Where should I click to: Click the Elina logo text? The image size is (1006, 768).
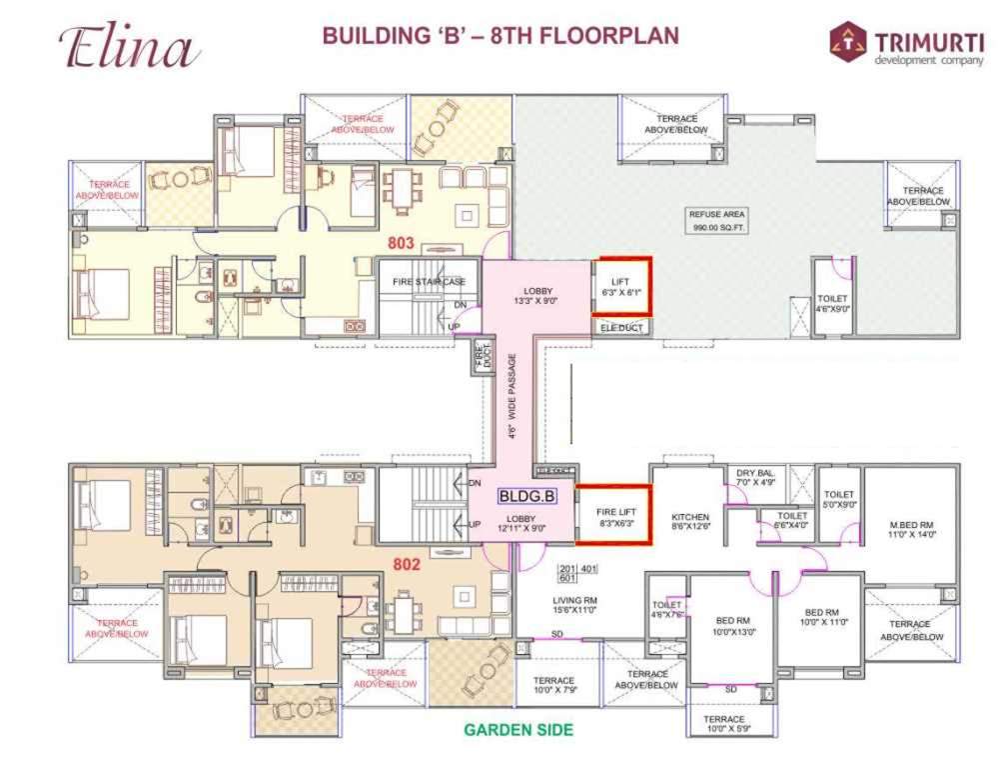pos(129,47)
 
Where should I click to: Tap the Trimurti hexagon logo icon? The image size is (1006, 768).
pos(848,42)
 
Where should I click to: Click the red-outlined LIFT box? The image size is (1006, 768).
pos(621,287)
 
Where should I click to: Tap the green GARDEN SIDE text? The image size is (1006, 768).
pos(518,730)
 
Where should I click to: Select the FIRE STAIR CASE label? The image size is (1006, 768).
pos(429,282)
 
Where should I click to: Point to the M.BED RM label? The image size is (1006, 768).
pos(910,529)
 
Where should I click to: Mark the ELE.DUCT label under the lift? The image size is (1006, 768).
pos(620,327)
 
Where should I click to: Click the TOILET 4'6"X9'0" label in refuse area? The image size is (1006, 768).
pos(831,303)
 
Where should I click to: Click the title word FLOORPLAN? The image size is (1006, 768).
pos(609,37)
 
